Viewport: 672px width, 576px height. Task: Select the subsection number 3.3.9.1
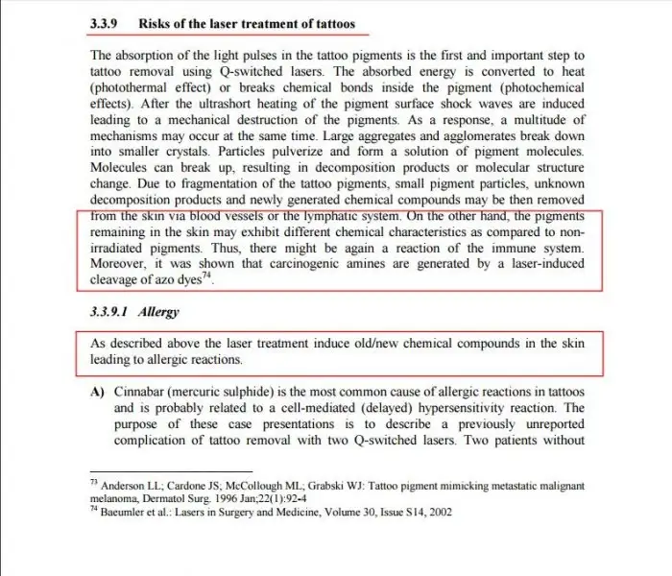point(108,312)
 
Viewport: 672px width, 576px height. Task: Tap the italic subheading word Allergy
point(158,312)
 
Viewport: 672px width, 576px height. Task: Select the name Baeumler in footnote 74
point(129,512)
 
